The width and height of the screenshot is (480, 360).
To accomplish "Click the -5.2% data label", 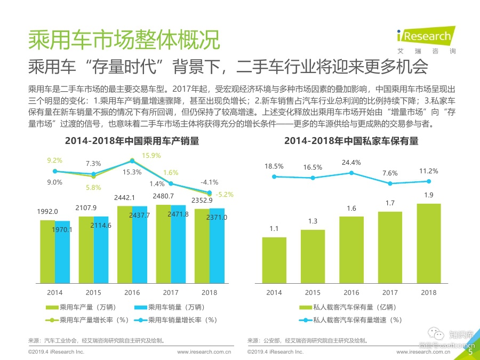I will [225, 195].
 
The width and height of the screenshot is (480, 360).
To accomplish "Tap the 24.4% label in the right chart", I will [351, 162].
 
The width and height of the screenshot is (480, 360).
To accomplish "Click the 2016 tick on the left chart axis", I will [132, 292].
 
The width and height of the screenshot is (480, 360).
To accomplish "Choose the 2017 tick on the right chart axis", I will [390, 292].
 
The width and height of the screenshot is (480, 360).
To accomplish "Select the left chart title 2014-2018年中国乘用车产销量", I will [132, 141].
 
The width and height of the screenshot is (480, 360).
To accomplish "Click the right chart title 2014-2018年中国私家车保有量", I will [351, 141].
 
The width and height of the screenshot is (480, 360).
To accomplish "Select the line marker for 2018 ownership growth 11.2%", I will [428, 181].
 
